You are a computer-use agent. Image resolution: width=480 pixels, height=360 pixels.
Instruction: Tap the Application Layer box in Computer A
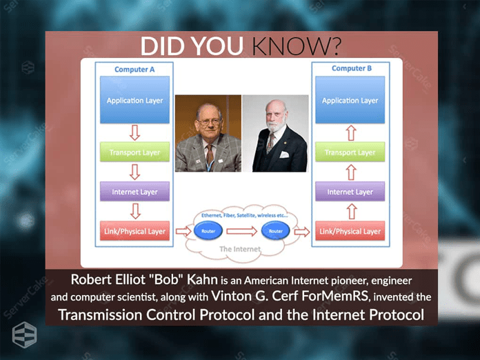click(x=134, y=101)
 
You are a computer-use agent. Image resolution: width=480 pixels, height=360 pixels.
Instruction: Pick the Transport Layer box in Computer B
click(x=350, y=152)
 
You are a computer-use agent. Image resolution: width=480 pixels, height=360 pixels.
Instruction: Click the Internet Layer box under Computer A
click(x=134, y=192)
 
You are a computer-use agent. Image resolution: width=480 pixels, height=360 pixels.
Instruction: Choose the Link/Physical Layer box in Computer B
click(x=350, y=231)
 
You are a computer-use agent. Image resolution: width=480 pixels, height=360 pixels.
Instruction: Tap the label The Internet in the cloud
click(x=239, y=249)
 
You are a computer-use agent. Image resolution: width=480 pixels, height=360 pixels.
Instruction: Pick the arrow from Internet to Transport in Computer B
click(x=350, y=172)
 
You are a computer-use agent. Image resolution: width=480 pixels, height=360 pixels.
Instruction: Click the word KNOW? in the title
click(x=296, y=46)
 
